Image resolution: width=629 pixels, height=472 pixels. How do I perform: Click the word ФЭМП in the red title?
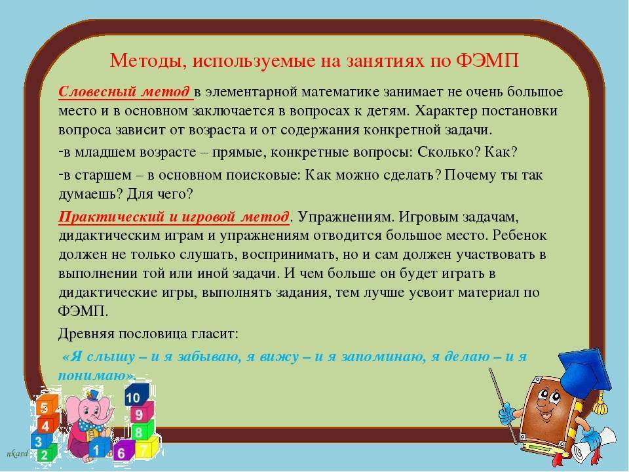tap(487, 60)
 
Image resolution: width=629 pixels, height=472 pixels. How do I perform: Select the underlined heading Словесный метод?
tap(124, 92)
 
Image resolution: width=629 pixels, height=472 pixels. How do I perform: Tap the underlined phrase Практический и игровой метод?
tap(174, 217)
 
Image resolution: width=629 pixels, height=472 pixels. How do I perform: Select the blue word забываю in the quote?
tap(209, 357)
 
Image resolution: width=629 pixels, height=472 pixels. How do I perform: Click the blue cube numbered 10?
tap(136, 395)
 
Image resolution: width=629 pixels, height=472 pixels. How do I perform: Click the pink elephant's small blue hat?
tap(92, 395)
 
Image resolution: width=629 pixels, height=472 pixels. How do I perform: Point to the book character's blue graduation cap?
tap(584, 374)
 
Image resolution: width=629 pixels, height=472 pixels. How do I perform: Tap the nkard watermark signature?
tap(17, 454)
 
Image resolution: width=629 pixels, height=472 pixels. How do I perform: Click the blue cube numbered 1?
tap(97, 447)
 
